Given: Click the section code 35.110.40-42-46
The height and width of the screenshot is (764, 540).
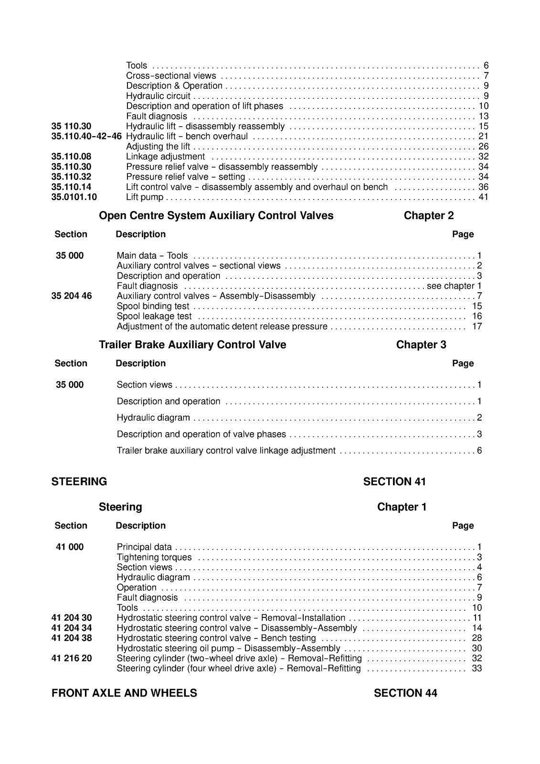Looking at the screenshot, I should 86,137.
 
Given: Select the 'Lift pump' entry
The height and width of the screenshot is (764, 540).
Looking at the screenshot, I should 145,197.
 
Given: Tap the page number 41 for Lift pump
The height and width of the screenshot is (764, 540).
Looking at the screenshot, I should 483,197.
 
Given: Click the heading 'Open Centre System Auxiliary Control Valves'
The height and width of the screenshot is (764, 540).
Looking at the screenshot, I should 216,216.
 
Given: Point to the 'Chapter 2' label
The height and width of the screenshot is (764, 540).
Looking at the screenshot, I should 428,216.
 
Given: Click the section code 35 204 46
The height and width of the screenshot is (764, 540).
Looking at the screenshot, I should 72,296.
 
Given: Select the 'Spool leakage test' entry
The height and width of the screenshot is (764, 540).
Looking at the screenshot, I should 154,317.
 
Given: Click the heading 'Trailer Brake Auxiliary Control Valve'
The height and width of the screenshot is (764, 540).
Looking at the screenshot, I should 192,345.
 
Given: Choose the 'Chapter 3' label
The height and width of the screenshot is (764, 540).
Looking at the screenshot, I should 421,345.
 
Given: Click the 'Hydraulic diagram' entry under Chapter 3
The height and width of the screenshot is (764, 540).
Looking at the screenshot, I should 153,418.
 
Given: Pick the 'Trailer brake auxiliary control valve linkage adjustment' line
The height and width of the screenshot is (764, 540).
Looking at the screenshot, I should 226,451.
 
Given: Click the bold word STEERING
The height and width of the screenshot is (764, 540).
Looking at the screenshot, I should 79,482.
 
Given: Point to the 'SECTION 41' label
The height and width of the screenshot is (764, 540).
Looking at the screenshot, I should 394,482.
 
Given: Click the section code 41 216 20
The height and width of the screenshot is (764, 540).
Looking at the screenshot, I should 72,658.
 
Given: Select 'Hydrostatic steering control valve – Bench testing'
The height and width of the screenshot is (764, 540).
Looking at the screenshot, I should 216,638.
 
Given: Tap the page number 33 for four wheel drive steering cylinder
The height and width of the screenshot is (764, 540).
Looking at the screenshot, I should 476,668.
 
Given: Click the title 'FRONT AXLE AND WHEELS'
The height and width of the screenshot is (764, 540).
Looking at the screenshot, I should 124,693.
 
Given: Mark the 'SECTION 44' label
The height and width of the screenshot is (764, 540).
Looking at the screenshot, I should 405,693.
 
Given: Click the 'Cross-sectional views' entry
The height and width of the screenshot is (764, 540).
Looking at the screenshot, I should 171,76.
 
